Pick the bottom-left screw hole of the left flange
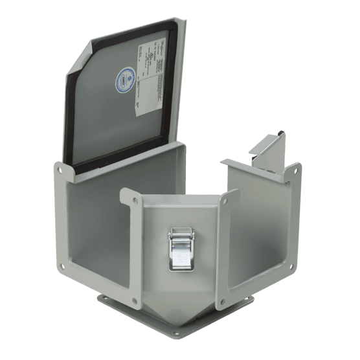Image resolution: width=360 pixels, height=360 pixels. (x=62, y=265)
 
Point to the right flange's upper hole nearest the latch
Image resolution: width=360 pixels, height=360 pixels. (x=225, y=201)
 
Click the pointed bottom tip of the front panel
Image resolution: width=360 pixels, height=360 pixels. (x=179, y=324)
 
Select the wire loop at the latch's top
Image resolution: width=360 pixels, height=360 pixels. (x=179, y=231)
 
